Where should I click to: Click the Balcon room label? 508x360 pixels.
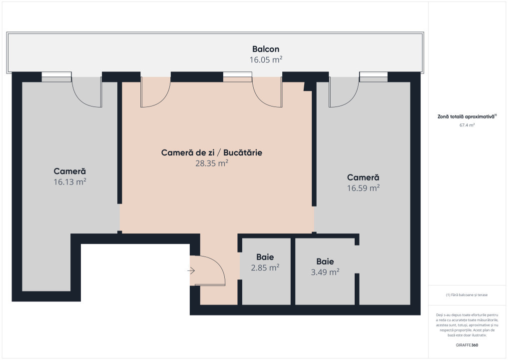pos(265,49)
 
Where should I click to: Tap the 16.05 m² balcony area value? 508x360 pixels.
pos(266,59)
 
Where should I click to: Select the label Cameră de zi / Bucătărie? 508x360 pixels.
pos(211,152)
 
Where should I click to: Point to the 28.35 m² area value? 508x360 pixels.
pos(211,163)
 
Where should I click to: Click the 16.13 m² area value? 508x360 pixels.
pos(70,182)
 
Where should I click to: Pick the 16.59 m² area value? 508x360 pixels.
pos(363,188)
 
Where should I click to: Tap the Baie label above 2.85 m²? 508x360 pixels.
pos(265,257)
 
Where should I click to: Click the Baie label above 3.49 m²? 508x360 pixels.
pos(325,261)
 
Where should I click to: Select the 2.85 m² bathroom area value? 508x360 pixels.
pos(265,267)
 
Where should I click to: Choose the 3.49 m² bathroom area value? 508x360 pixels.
pos(325,272)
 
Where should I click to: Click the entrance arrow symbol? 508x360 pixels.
pos(191,271)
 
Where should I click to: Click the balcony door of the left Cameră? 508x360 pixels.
pos(87,93)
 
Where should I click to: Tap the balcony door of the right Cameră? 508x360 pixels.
pos(344,93)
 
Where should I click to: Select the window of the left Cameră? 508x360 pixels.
pos(56,77)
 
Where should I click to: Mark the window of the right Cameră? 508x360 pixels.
pos(373,77)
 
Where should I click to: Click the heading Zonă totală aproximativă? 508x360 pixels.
pos(467,116)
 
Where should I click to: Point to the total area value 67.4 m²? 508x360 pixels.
pos(467,125)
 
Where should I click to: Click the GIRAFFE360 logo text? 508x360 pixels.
pos(467,345)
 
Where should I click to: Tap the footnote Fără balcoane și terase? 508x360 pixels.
pos(467,295)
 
